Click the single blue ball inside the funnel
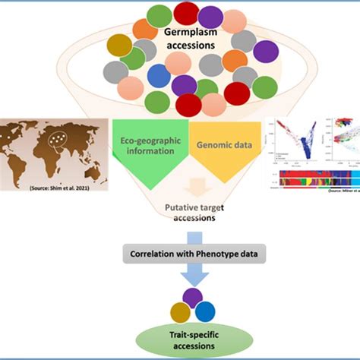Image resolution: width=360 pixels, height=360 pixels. (159, 76)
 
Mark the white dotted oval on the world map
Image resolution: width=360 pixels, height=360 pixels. (54, 140)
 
